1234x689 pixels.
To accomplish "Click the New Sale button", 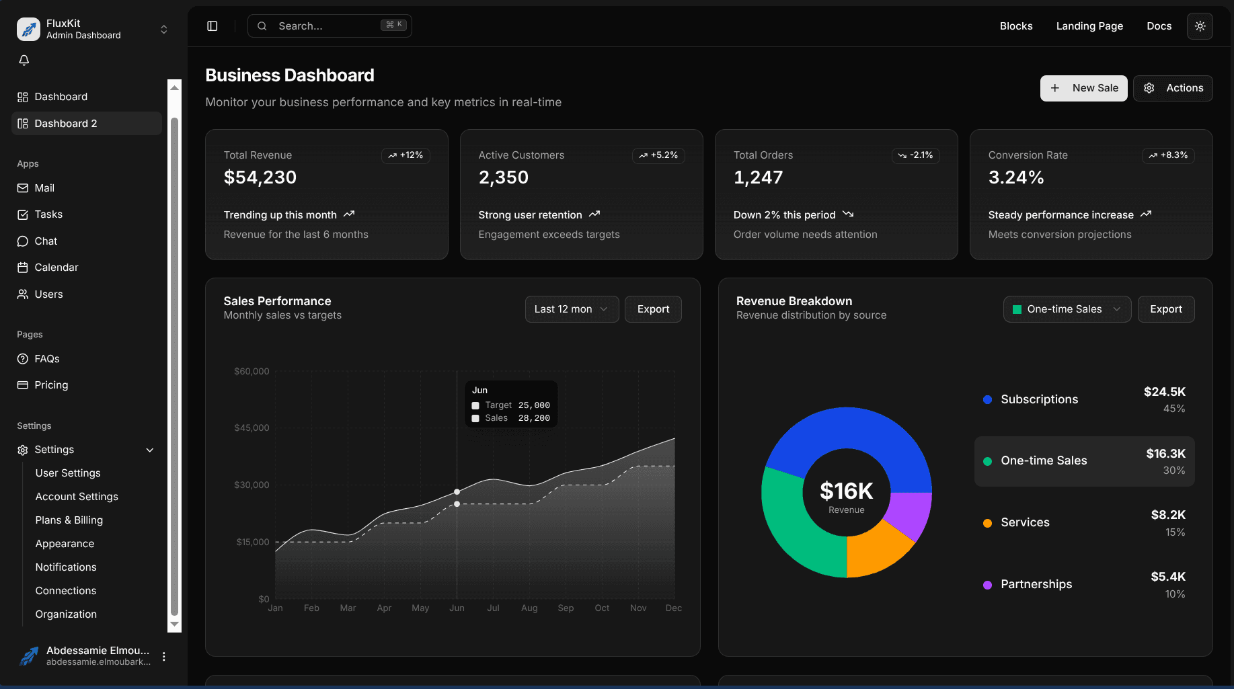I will (x=1083, y=88).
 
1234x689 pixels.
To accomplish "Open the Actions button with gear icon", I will (x=1173, y=88).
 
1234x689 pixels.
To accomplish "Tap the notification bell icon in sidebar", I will (x=24, y=60).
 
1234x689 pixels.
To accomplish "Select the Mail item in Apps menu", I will (x=44, y=188).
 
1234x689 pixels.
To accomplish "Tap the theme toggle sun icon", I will (x=1200, y=26).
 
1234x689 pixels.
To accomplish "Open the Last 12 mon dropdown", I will (x=572, y=309).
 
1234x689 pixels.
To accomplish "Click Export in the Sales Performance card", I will (x=653, y=309).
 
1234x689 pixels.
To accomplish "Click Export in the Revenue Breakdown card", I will (x=1165, y=309).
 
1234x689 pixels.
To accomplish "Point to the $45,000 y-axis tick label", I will (x=252, y=428).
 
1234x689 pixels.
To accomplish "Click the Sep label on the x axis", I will (x=566, y=608).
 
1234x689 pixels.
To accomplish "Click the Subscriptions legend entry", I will (x=1039, y=399).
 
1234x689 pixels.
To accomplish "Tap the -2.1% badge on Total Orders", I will (x=915, y=155).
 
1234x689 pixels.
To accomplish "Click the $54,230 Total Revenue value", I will (x=260, y=177).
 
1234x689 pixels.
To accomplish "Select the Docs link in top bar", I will (x=1159, y=26).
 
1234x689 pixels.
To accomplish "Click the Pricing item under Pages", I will (x=51, y=385).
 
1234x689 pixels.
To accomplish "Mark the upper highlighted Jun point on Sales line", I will (x=457, y=492).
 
